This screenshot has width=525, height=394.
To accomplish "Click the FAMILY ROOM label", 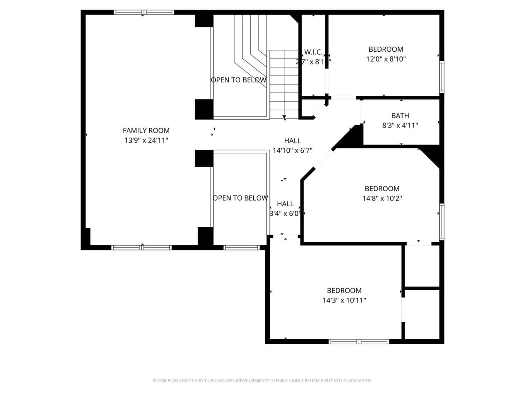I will (x=146, y=130).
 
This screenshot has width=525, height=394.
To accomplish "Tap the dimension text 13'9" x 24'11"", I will (x=146, y=141).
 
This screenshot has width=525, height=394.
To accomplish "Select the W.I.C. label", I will (x=313, y=52).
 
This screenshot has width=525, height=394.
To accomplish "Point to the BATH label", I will (x=400, y=116).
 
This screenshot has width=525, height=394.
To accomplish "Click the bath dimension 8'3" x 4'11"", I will (x=400, y=126).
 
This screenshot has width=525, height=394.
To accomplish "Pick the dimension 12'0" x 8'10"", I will (x=386, y=59).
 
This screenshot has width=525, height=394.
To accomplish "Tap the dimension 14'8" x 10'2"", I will (x=382, y=198).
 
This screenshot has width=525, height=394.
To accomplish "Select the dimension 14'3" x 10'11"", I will (x=344, y=300).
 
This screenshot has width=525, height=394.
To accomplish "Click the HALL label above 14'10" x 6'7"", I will (x=292, y=141).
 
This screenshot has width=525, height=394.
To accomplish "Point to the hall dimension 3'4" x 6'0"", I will (x=285, y=214).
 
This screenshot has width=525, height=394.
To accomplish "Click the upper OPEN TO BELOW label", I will (x=238, y=80).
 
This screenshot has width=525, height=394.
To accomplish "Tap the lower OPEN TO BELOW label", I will (x=240, y=198).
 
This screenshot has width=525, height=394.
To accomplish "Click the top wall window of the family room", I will (x=144, y=12).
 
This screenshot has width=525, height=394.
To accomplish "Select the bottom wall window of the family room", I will (x=142, y=247).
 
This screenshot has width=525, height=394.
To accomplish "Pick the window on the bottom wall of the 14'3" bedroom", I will (x=359, y=341).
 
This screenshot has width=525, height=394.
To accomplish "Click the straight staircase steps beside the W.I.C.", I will (x=283, y=83).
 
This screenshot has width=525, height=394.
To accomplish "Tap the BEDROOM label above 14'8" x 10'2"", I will (x=382, y=189).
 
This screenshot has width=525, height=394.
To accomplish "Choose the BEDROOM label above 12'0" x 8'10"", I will (x=386, y=49).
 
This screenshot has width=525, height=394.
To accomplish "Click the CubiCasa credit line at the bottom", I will (x=262, y=381).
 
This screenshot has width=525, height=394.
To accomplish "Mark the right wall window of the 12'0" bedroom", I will (x=441, y=77).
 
